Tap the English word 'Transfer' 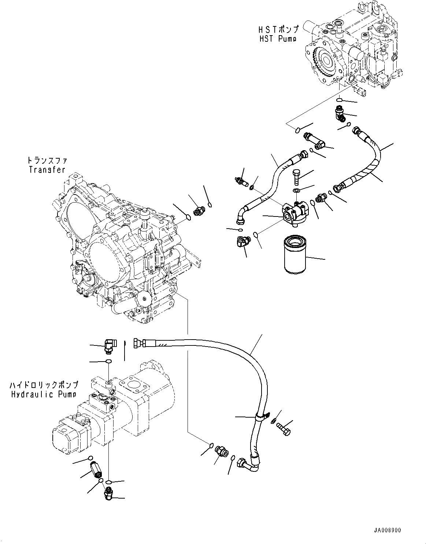[46, 170]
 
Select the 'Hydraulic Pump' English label [44, 394]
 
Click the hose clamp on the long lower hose [261, 417]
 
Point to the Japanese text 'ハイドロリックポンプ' [44, 385]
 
